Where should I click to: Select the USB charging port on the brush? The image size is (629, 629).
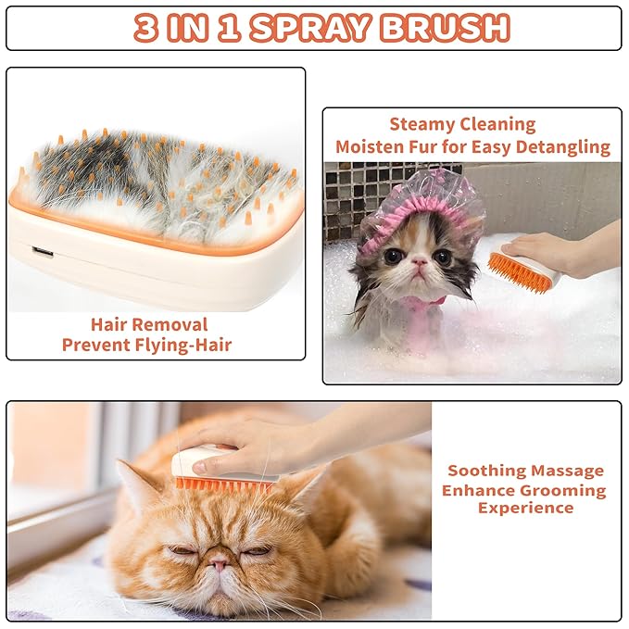[42, 250]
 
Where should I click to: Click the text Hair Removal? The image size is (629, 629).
[148, 324]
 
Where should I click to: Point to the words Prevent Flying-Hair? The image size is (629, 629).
[147, 345]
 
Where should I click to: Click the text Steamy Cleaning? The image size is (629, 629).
[462, 124]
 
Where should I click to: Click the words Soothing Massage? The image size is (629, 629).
[524, 471]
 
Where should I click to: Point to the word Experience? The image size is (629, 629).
[525, 508]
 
